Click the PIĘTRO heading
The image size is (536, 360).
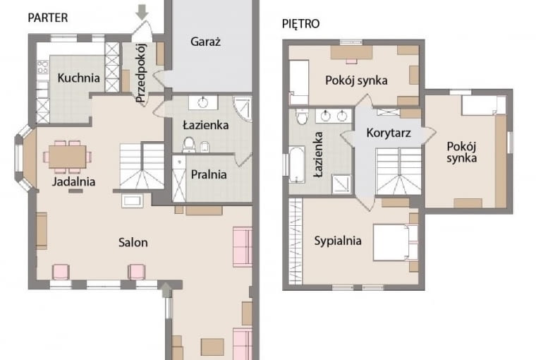pyautogui.click(x=300, y=23)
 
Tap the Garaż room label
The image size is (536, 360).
pyautogui.click(x=205, y=42)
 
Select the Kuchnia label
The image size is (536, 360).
pyautogui.click(x=78, y=78)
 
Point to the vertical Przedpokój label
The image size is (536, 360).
pyautogui.click(x=140, y=73)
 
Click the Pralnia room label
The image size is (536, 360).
pyautogui.click(x=208, y=174)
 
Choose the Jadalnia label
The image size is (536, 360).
pyautogui.click(x=73, y=181)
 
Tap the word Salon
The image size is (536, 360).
pyautogui.click(x=133, y=242)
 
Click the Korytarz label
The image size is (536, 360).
pyautogui.click(x=389, y=132)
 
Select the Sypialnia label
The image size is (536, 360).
pyautogui.click(x=338, y=241)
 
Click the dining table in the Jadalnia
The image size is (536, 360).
pyautogui.click(x=68, y=156)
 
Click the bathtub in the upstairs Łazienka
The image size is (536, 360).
pyautogui.click(x=297, y=164)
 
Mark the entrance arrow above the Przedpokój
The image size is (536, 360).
pyautogui.click(x=142, y=11)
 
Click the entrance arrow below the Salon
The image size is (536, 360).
pyautogui.click(x=165, y=287)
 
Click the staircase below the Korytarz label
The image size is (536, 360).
pyautogui.click(x=398, y=171)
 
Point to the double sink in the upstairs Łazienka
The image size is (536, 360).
pyautogui.click(x=334, y=115)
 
